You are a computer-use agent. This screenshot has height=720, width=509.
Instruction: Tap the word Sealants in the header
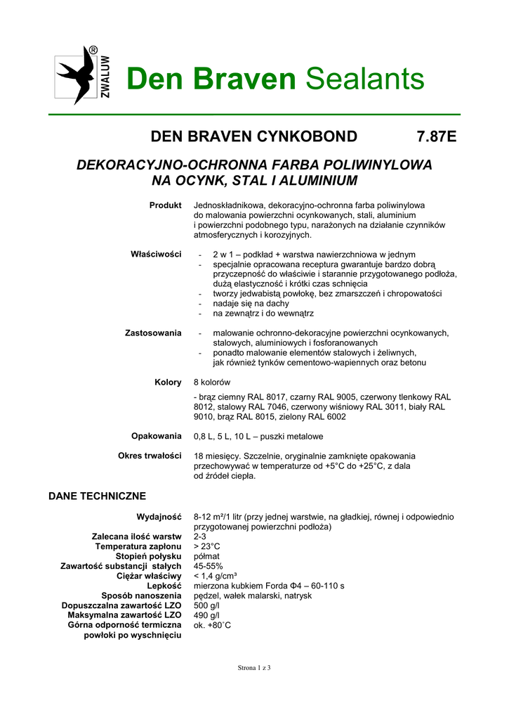click(365, 79)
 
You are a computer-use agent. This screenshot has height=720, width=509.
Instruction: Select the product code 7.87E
click(437, 136)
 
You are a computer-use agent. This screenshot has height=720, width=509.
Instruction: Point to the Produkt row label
click(165, 205)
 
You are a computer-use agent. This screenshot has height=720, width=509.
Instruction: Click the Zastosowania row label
click(153, 333)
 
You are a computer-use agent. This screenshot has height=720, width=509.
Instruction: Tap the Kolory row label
click(168, 382)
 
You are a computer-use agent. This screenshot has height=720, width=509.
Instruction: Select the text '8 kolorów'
click(212, 382)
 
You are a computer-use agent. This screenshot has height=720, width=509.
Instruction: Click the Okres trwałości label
click(150, 456)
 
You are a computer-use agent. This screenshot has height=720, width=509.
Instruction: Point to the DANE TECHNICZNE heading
click(97, 495)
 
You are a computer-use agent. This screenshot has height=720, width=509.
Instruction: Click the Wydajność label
click(159, 517)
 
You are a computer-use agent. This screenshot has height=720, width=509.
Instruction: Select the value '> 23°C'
click(207, 546)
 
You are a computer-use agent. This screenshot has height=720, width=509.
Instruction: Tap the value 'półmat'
click(206, 556)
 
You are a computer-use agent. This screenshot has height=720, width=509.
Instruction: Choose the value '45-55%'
click(209, 566)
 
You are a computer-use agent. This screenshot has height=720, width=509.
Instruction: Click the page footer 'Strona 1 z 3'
click(254, 668)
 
